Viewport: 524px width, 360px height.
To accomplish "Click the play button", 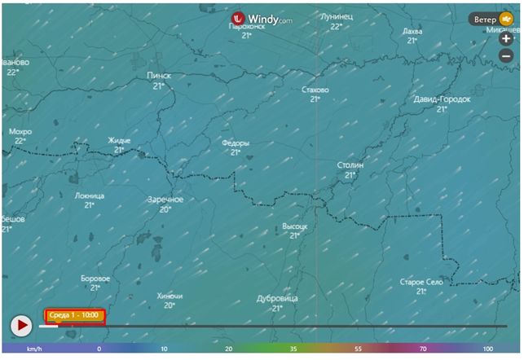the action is [x=20, y=326].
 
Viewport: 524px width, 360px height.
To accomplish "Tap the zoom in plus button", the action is [x=506, y=39].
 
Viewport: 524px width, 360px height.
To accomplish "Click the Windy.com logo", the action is [x=262, y=18].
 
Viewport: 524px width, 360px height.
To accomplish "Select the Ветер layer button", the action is [x=492, y=19].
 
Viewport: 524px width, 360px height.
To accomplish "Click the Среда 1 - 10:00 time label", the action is [x=73, y=314].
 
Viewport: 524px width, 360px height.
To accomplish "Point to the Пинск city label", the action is [x=158, y=76].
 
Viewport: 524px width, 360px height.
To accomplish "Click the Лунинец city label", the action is [x=336, y=15].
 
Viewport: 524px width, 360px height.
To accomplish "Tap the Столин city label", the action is [x=350, y=165].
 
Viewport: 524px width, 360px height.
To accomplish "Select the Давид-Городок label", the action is [x=442, y=99].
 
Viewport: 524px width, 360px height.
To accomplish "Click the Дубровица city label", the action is [x=277, y=298].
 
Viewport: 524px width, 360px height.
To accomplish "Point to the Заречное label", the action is [x=165, y=200].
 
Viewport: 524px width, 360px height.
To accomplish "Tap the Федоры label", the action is [x=236, y=143].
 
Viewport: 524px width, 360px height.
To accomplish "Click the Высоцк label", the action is [x=294, y=225].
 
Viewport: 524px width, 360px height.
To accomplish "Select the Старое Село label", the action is [x=421, y=282].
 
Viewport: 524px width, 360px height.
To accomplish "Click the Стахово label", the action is [x=315, y=90].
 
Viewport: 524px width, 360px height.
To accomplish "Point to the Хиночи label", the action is [x=169, y=296].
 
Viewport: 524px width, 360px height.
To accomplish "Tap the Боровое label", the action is [x=95, y=279].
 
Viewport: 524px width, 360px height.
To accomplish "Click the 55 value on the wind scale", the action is [x=357, y=349].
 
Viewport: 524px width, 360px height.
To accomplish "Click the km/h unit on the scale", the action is [x=33, y=349].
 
